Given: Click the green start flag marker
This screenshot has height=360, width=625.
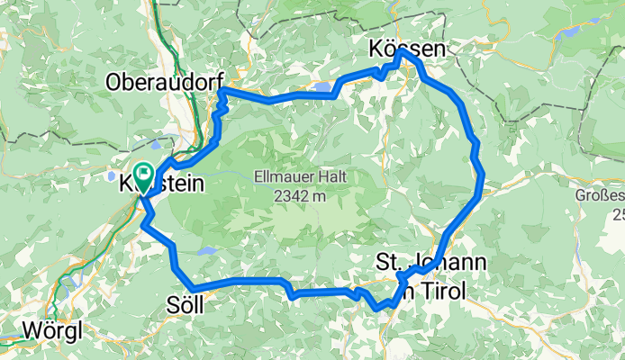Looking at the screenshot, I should pos(143,171).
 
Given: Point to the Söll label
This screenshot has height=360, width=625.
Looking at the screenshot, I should pos(186,305).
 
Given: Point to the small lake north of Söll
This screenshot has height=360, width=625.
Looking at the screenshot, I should pos(208,252).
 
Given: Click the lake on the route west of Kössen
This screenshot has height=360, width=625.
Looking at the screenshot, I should pos(322,87).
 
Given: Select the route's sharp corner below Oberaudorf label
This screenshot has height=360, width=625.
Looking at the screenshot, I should pos(222,92).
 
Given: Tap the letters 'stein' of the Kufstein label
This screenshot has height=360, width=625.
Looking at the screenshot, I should pos(180,184).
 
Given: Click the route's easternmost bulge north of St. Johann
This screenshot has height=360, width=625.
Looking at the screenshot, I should pos(481,180).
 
